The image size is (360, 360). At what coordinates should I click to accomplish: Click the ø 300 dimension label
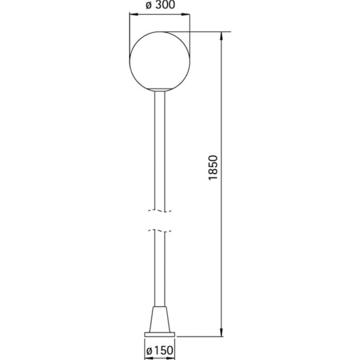tap(160, 5)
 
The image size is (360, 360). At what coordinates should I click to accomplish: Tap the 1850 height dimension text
tap(213, 168)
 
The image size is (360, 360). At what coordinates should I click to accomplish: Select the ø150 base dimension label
tap(160, 350)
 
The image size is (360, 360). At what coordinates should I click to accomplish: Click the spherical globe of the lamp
tap(159, 61)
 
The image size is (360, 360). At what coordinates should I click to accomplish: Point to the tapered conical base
tap(160, 319)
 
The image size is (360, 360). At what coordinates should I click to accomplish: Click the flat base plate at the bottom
tap(159, 335)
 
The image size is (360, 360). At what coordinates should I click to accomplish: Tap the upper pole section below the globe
tap(160, 150)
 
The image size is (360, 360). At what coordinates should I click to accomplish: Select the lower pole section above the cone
tap(160, 268)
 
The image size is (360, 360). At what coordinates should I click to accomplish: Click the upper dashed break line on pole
tap(160, 211)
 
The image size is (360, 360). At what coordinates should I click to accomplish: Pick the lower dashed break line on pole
tap(160, 230)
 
